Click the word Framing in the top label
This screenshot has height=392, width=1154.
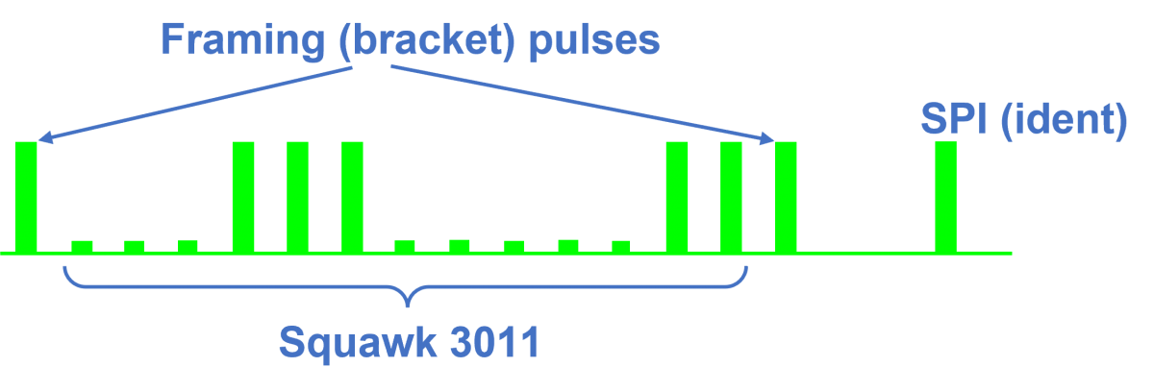(243, 41)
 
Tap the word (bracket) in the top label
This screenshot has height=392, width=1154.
(427, 41)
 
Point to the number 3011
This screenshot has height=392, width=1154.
(494, 342)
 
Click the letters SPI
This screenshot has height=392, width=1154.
(954, 118)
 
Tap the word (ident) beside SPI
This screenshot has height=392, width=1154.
(1064, 120)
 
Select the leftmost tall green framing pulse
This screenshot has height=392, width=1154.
(26, 197)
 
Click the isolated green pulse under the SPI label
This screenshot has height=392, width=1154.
(946, 197)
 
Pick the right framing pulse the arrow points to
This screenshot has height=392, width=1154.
(786, 197)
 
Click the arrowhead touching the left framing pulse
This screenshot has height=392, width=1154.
(44, 136)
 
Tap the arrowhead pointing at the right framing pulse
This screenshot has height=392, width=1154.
(767, 137)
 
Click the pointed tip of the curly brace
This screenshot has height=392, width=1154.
(408, 306)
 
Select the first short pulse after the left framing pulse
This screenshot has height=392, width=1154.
(82, 247)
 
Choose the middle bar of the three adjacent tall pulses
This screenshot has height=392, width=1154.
(297, 197)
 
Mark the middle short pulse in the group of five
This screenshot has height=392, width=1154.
(514, 247)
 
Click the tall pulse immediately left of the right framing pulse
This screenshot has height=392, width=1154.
(731, 197)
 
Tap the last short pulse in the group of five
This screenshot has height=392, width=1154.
(621, 247)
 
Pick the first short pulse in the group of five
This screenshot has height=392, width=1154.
(405, 246)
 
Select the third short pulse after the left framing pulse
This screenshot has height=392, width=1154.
(188, 246)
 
